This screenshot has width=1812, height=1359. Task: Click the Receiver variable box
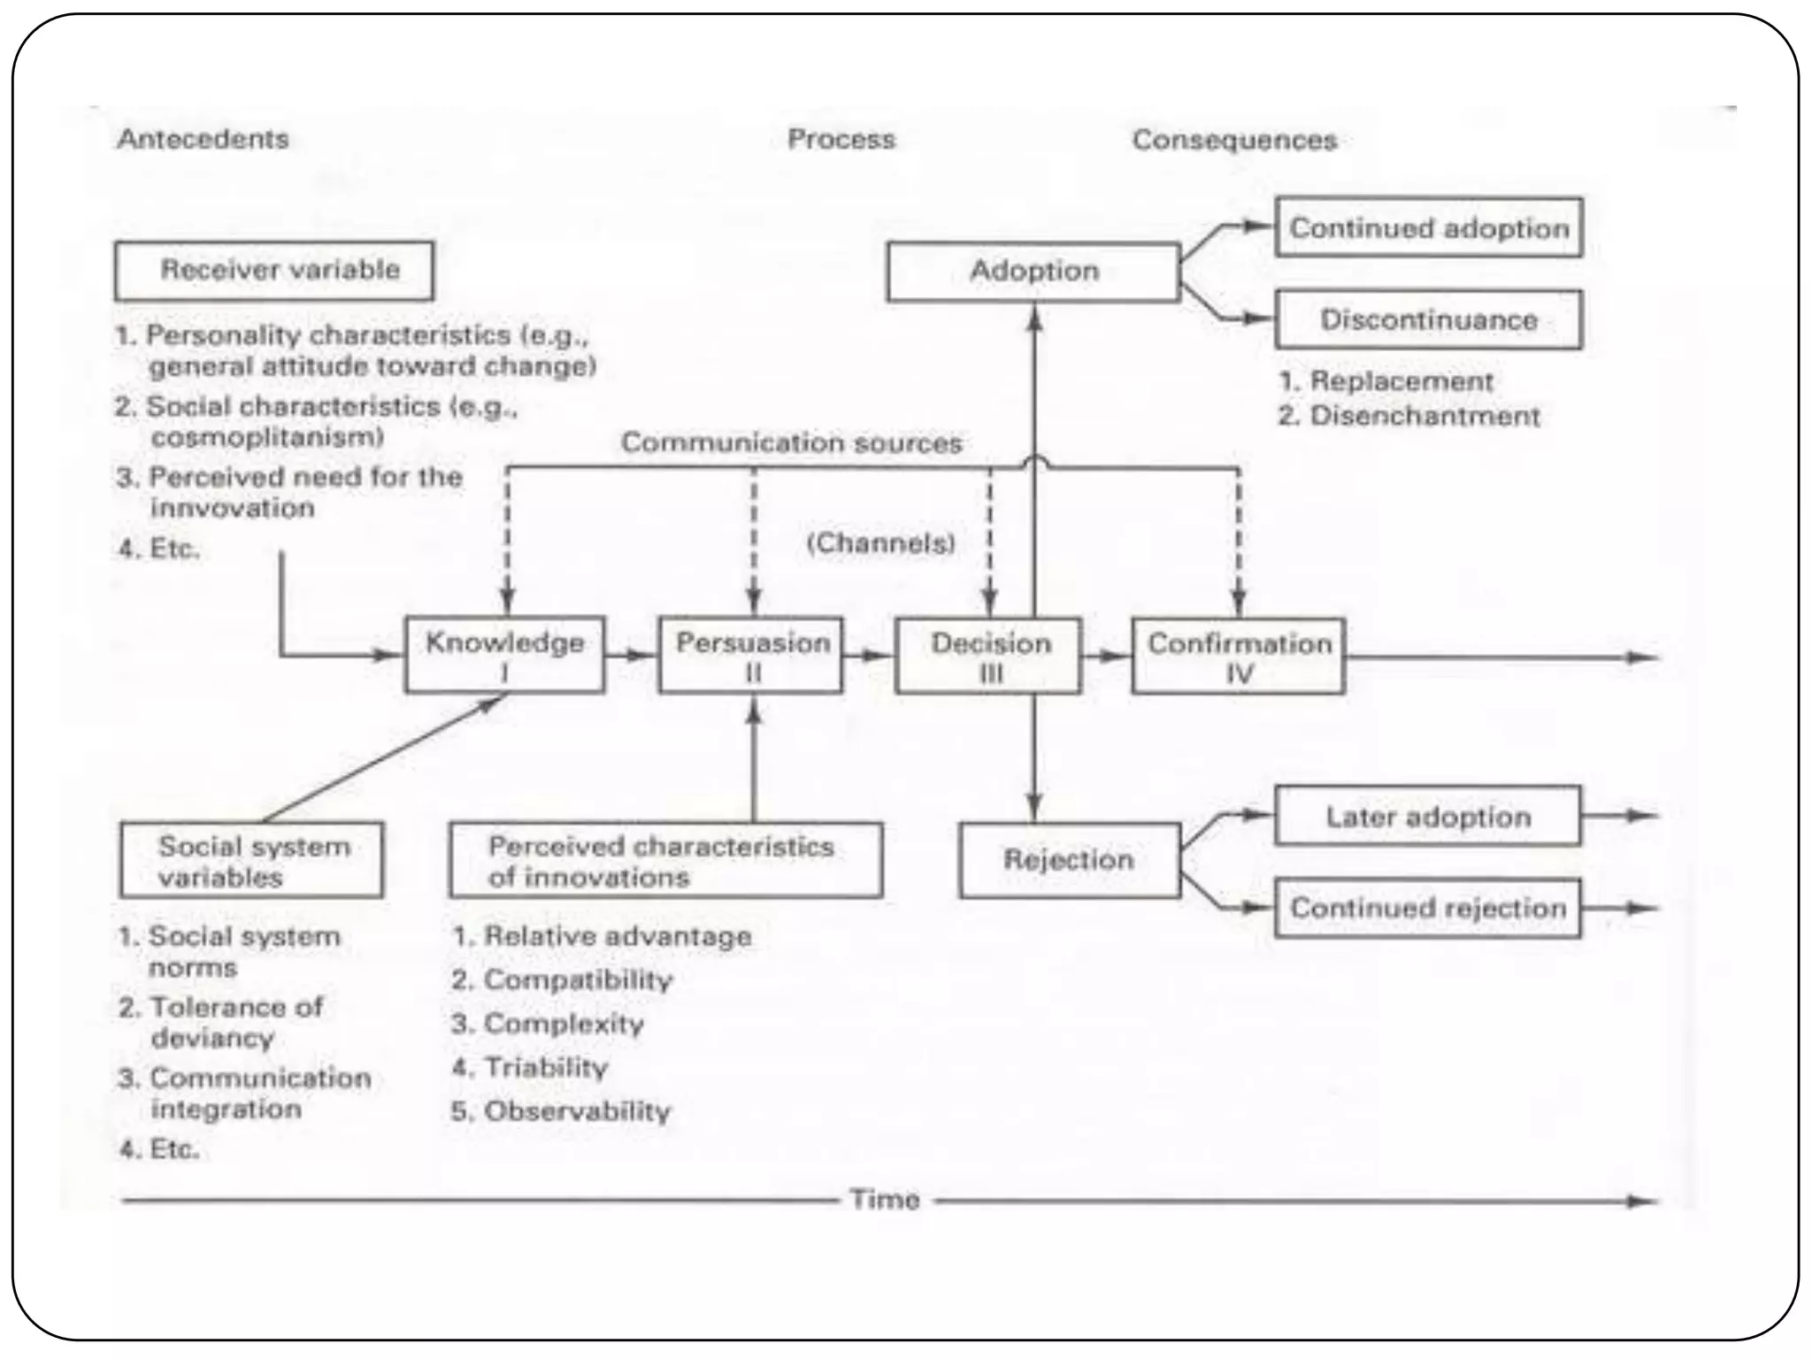coord(274,271)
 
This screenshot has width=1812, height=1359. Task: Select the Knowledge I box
coord(504,656)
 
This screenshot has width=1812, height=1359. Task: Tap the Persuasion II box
coord(751,656)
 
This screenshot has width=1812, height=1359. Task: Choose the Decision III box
coord(988,656)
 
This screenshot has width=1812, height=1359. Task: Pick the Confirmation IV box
coord(1238,656)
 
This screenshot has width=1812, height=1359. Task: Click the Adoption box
coord(1033,272)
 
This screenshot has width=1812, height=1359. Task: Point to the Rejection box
coord(1069,860)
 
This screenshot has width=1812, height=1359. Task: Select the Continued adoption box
coord(1428,228)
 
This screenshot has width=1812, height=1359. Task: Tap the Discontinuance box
coord(1428,319)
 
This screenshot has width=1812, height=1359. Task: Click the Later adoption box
coord(1427,817)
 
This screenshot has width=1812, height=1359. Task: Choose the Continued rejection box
coord(1427,908)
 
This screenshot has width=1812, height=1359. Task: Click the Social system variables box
coord(252,861)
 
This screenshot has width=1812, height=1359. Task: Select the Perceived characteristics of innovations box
coord(665,861)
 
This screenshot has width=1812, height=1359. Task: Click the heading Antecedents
coord(203,140)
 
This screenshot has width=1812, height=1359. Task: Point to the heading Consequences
coord(1234,141)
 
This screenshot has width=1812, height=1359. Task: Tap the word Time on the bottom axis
coord(885,1200)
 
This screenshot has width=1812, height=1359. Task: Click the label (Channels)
coord(881,542)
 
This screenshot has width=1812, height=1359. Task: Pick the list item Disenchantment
coord(1424,416)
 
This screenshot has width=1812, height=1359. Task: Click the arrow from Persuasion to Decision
coord(868,656)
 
